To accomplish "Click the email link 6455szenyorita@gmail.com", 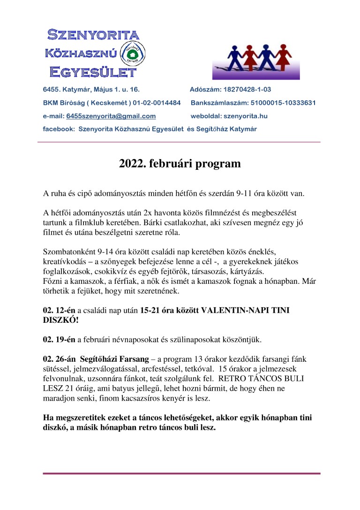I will click(x=111, y=116).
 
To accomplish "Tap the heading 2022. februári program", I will click(x=180, y=164).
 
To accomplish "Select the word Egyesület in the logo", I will click(x=93, y=72).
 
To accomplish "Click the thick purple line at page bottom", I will click(x=181, y=473).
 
